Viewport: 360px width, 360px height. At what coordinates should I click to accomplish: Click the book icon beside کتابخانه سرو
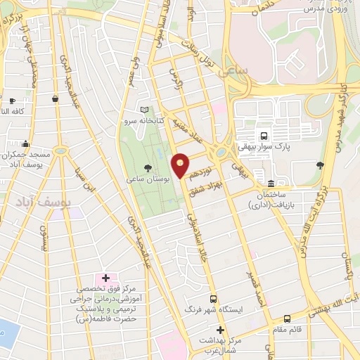(145, 110)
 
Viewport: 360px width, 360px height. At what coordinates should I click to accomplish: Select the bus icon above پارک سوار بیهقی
(264, 136)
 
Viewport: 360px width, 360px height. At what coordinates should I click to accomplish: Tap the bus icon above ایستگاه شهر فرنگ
(213, 298)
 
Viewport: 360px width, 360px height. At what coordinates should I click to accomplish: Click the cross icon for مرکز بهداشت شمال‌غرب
(220, 330)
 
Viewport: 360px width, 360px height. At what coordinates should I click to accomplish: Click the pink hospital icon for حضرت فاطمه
(105, 278)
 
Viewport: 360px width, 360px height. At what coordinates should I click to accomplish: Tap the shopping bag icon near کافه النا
(56, 100)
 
